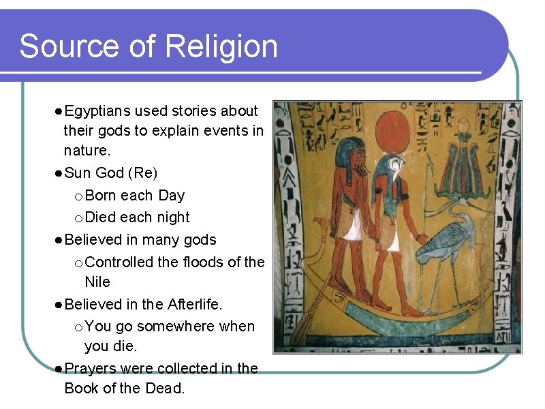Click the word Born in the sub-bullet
[x=102, y=196]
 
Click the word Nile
[x=97, y=282]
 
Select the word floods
[x=196, y=262]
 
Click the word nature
[x=87, y=149]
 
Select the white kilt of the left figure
[x=354, y=225]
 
